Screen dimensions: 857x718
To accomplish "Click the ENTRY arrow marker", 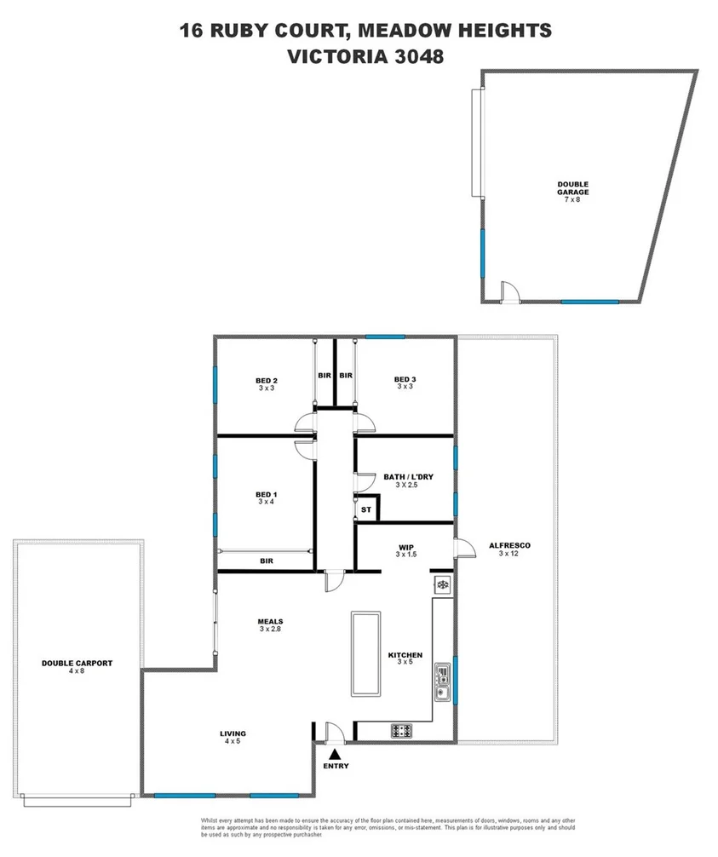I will [336, 753].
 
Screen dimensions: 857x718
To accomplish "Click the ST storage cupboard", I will [366, 509].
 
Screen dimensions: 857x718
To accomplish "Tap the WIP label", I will [405, 547].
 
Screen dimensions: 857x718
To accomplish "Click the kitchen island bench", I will [365, 653].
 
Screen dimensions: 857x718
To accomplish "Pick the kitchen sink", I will [442, 681].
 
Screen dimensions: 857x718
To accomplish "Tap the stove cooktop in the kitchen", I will [401, 730].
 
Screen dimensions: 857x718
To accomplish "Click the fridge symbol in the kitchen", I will [443, 584].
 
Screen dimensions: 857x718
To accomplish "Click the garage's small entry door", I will [508, 291].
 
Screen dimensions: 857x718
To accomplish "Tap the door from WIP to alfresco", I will [465, 549].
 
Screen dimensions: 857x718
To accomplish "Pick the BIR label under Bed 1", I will [266, 561].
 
